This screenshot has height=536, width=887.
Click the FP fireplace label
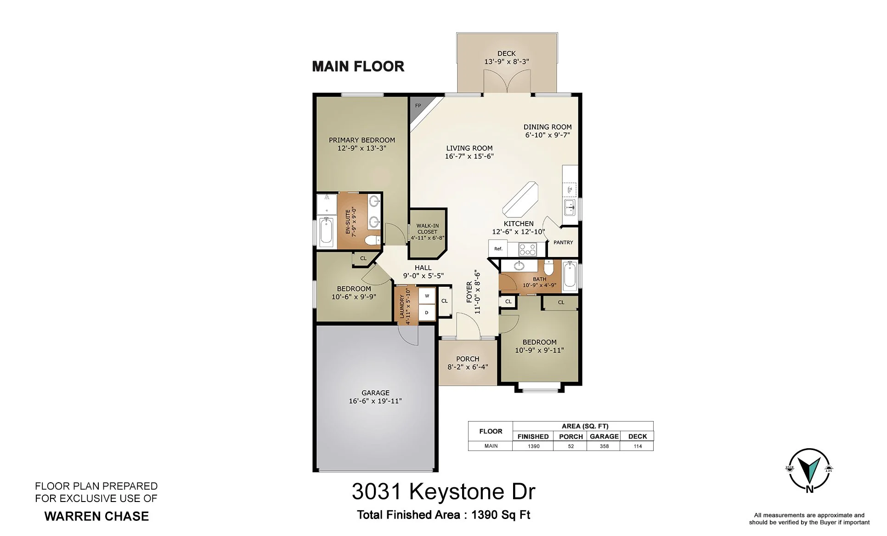point(418,106)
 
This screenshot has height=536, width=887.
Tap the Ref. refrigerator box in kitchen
point(498,249)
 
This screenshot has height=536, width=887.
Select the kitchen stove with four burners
point(528,249)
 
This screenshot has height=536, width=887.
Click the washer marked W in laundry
point(427,296)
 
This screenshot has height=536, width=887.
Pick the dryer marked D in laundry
point(427,313)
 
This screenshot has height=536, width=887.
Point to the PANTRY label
point(563,242)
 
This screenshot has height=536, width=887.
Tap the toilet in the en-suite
point(372,240)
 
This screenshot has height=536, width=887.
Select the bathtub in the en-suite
point(326,231)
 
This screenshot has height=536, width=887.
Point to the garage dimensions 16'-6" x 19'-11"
point(375,401)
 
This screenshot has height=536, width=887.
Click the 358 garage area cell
point(604,446)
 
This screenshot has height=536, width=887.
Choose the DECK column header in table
point(638,436)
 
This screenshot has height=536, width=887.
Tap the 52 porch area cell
point(571,446)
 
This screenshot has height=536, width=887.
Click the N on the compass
point(809,489)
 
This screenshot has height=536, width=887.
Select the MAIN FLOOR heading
point(358,67)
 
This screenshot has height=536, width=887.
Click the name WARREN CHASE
point(96,516)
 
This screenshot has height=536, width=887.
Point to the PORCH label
point(468,359)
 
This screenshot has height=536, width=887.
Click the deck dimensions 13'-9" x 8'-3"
point(507,62)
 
